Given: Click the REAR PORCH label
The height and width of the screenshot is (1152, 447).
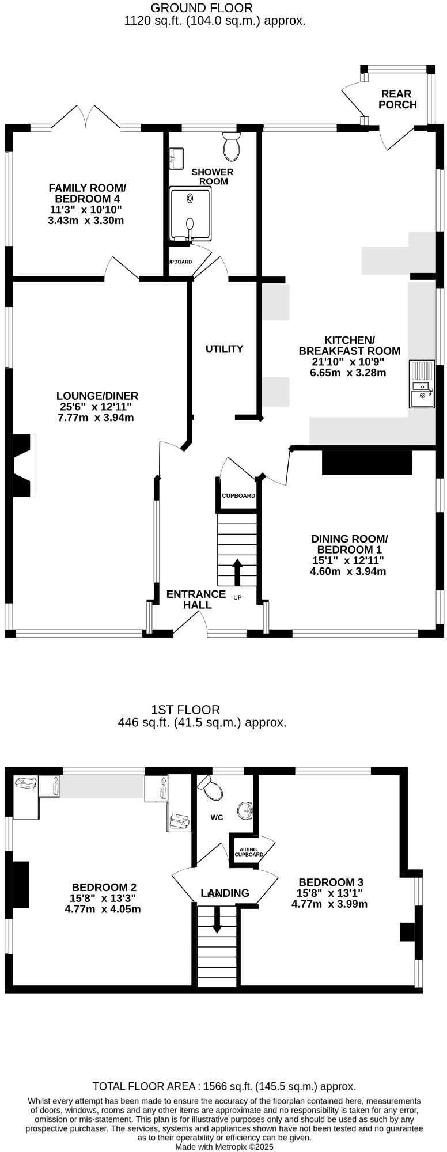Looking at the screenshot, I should pyautogui.click(x=397, y=99).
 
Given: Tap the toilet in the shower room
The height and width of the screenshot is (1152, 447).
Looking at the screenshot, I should pyautogui.click(x=232, y=146).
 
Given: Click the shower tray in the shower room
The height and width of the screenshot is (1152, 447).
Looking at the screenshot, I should pyautogui.click(x=190, y=214).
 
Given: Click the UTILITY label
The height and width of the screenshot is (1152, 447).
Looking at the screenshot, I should pyautogui.click(x=224, y=348).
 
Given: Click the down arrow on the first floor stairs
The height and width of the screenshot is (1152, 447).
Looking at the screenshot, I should pyautogui.click(x=217, y=919).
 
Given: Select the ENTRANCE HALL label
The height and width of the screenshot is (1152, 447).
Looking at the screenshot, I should pyautogui.click(x=196, y=599).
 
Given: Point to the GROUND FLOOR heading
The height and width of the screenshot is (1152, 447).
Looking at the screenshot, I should pyautogui.click(x=201, y=8).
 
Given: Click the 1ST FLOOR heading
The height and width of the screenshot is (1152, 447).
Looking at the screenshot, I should pyautogui.click(x=185, y=710).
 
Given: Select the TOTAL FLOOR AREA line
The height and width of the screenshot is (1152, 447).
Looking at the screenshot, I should pyautogui.click(x=224, y=1086).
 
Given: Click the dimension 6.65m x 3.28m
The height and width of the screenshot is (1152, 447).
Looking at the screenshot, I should pyautogui.click(x=348, y=372).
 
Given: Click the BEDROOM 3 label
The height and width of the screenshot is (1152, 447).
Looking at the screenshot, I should pyautogui.click(x=331, y=882).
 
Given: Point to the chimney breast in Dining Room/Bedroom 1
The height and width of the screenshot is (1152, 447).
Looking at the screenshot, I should pyautogui.click(x=367, y=462).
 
